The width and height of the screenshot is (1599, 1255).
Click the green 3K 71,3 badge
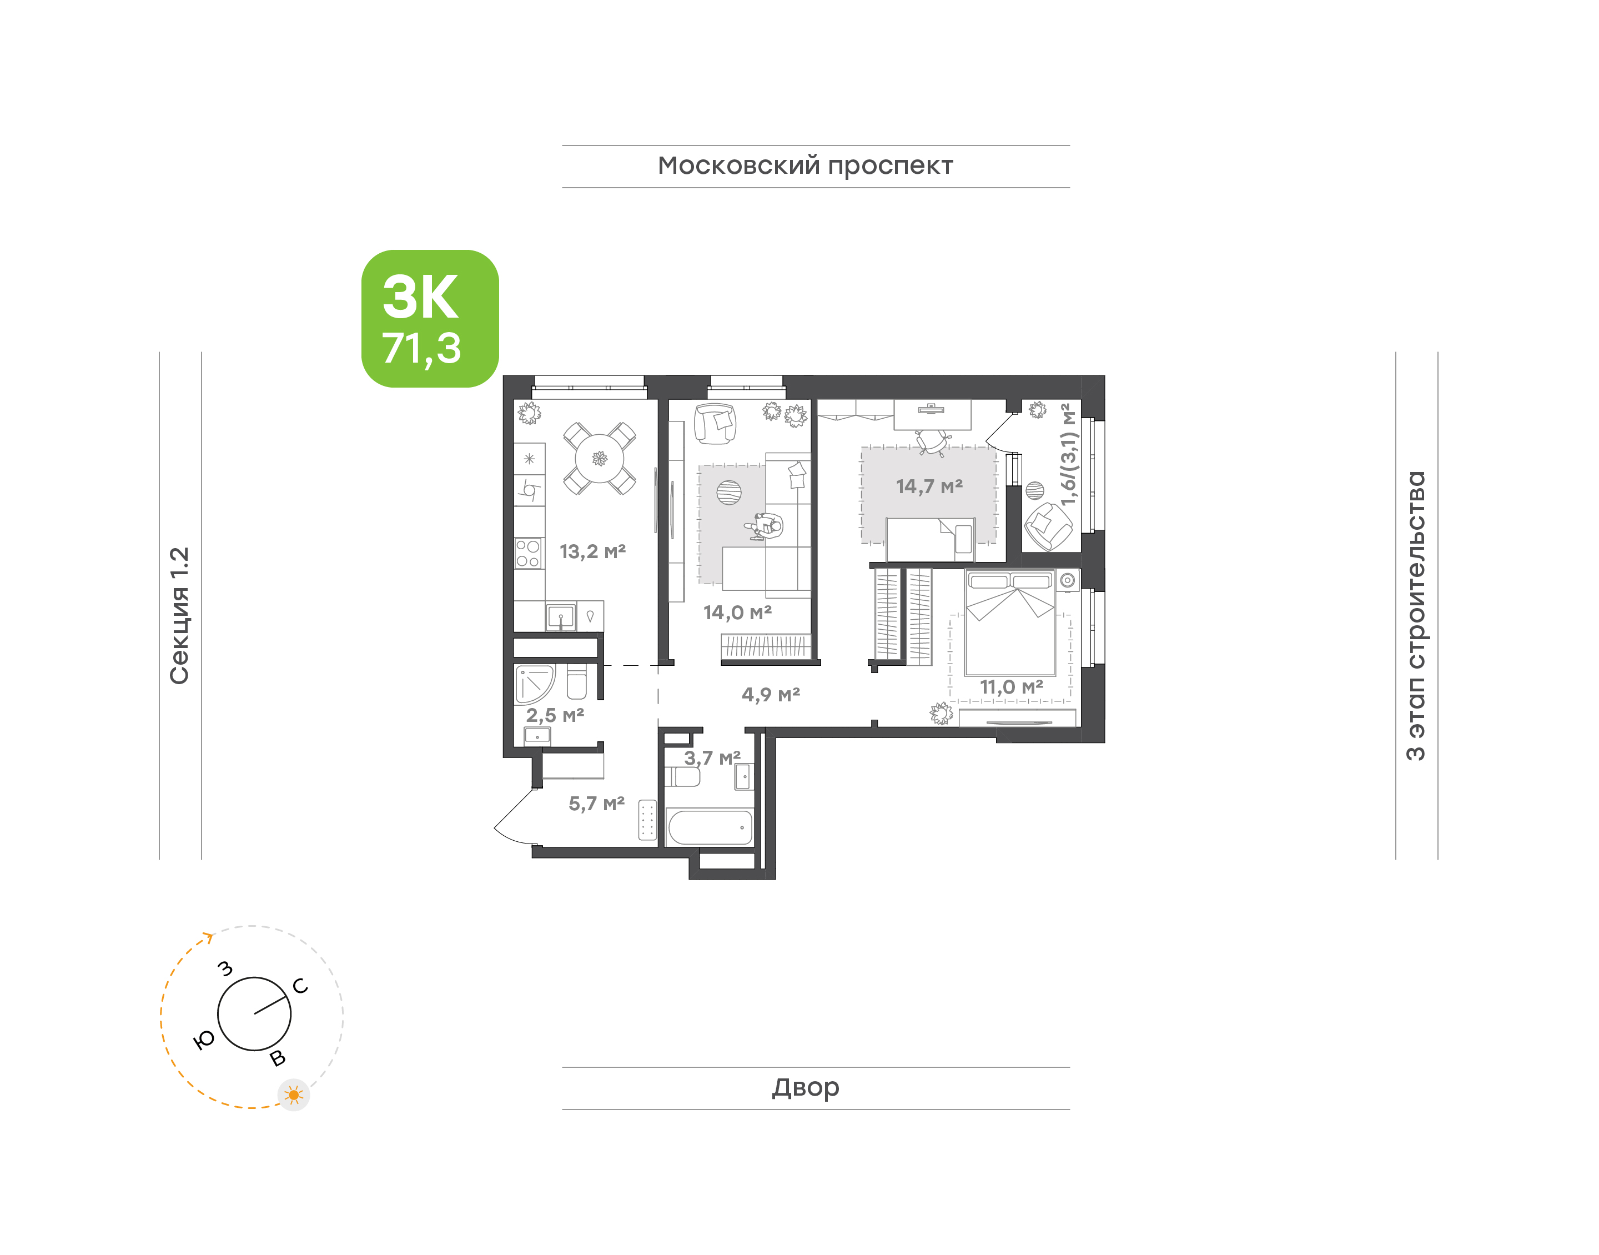coord(430,318)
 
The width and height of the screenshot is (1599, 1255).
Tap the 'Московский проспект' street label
coord(805,166)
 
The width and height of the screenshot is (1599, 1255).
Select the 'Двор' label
coord(806,1087)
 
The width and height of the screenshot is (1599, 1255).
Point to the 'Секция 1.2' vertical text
coord(180,616)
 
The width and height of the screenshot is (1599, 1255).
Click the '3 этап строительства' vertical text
coord(1415,616)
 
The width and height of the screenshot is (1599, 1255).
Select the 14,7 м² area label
coord(929,486)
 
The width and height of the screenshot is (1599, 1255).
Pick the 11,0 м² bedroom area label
coord(1012,687)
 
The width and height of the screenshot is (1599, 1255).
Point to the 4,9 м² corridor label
coord(771,694)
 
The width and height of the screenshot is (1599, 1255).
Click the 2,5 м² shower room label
coord(555,715)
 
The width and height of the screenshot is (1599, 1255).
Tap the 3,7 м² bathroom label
coord(712,757)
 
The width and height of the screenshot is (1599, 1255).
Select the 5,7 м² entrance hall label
coord(596,804)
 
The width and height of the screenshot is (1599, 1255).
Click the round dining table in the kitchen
coord(600,459)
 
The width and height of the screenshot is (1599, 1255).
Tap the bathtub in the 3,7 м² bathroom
coord(710,827)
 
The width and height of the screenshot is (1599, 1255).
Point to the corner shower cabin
coord(534,684)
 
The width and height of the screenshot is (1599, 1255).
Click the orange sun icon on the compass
coord(294,1095)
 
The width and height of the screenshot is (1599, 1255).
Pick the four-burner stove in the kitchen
coord(528,553)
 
